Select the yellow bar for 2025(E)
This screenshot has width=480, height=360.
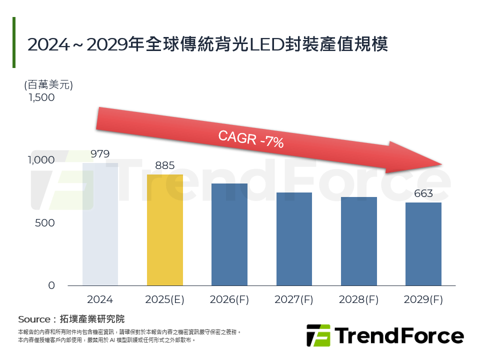click(x=164, y=230)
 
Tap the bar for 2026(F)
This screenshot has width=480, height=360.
click(x=229, y=234)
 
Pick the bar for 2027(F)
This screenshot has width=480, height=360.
click(x=293, y=239)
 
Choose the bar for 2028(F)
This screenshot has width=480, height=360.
click(x=358, y=241)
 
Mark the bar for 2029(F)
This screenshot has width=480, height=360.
click(x=423, y=244)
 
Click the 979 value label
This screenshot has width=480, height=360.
click(x=100, y=154)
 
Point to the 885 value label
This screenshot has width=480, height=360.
click(x=164, y=165)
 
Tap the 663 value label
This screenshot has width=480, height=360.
click(x=423, y=193)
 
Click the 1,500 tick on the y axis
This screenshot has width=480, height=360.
click(x=41, y=98)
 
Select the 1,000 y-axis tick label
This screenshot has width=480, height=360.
click(x=41, y=160)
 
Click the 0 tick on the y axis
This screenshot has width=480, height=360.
click(x=51, y=285)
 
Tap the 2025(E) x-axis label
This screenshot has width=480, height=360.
click(x=164, y=300)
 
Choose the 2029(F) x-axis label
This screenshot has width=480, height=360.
click(x=423, y=300)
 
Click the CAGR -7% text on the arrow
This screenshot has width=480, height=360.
click(x=251, y=138)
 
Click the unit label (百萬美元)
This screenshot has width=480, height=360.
click(x=48, y=84)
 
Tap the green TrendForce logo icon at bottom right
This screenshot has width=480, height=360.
click(x=318, y=335)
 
